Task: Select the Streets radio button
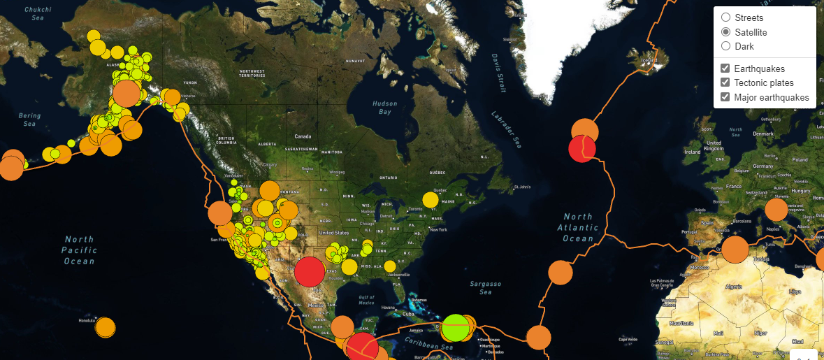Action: (725, 17)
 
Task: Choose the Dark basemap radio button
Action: (725, 46)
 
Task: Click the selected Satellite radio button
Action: (725, 32)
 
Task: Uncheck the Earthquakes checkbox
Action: (725, 69)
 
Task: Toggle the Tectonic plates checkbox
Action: (725, 82)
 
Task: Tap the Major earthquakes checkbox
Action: (725, 97)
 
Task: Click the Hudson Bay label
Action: (384, 108)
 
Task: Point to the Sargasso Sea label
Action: (486, 288)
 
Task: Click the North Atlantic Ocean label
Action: (579, 227)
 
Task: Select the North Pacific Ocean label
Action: (78, 250)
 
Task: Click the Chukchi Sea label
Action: (38, 13)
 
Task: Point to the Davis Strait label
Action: (498, 73)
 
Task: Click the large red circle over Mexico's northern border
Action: (310, 272)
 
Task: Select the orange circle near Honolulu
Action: (105, 326)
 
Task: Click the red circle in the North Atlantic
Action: (581, 148)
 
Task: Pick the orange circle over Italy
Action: (776, 210)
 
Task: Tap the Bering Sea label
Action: (29, 120)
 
